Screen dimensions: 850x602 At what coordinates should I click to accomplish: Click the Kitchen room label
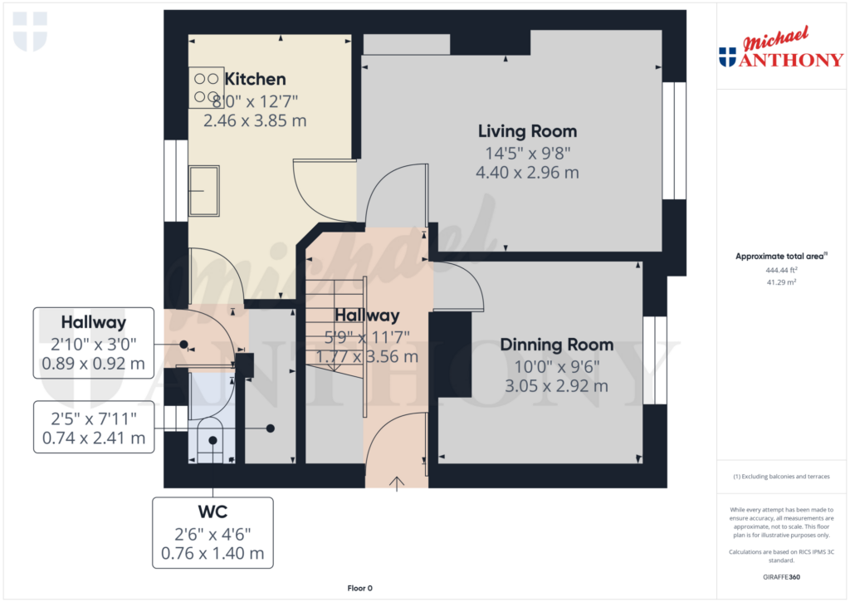point(256,79)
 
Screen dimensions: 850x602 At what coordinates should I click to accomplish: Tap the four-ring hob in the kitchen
point(206,87)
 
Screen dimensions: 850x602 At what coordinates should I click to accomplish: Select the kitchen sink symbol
point(204,191)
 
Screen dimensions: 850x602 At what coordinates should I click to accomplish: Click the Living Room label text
point(527,131)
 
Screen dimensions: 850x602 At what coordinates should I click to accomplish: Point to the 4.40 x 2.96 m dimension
point(527,173)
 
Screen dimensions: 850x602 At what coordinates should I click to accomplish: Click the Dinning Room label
point(557,345)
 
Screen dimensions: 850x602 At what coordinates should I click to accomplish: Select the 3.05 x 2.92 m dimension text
point(557,386)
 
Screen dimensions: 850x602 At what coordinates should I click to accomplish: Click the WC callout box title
point(212,512)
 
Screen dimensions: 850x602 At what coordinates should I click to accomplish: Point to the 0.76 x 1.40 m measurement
point(212,554)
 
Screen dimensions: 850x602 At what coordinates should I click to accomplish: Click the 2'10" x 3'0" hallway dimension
point(93,345)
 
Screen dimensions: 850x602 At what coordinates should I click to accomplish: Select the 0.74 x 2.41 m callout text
point(94,438)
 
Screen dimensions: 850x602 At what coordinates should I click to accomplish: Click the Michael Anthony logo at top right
point(781,47)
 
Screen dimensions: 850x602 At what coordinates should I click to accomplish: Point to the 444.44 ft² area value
point(781,270)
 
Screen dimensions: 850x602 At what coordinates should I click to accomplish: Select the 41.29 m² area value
point(781,282)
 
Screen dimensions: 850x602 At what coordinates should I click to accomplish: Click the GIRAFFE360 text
point(781,577)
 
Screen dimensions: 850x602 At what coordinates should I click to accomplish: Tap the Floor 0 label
point(360,588)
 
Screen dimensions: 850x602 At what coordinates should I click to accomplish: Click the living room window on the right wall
point(674,140)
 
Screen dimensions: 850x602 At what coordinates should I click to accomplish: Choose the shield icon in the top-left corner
point(31,32)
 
